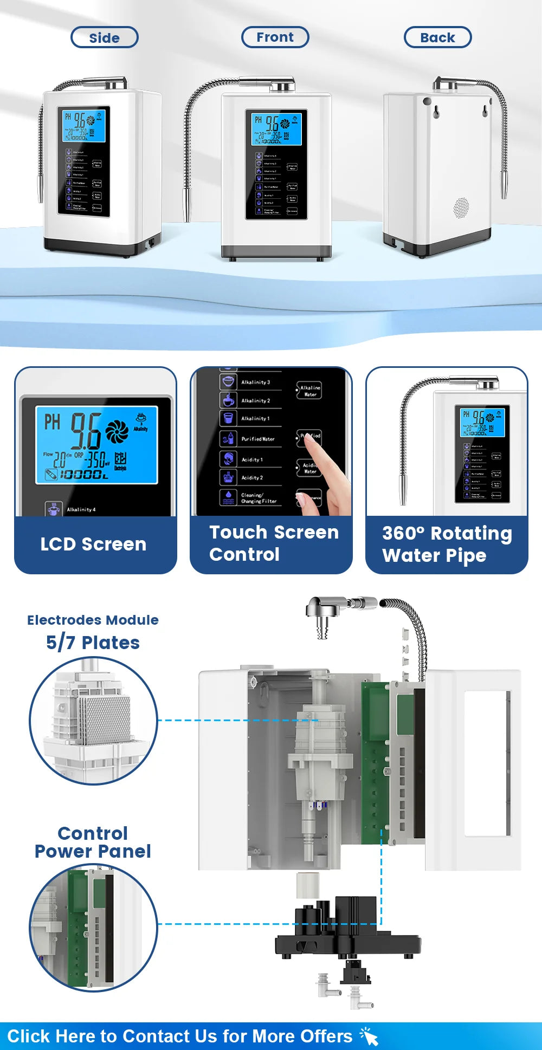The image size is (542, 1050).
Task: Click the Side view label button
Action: pos(105,37)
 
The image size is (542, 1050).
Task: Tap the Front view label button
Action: pos(275,37)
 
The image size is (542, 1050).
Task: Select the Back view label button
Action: pos(437,37)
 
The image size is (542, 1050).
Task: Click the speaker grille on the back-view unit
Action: pos(461,207)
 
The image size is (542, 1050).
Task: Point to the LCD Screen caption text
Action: pos(93,544)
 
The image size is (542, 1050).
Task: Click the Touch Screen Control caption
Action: pos(274,543)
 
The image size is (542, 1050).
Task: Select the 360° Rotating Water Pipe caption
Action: pos(447,544)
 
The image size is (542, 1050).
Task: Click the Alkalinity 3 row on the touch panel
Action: pos(255,382)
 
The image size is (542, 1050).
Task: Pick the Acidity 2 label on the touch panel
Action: pos(252,478)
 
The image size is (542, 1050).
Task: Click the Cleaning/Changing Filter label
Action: pos(259,498)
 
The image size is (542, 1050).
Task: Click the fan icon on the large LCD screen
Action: pos(117,431)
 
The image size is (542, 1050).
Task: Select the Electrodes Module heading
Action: pos(93,620)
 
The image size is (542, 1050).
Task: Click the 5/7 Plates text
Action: pos(93,643)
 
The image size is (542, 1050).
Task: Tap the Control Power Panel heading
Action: pos(93,842)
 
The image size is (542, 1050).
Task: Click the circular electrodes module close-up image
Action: pos(93,721)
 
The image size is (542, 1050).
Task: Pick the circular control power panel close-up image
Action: pos(93,928)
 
